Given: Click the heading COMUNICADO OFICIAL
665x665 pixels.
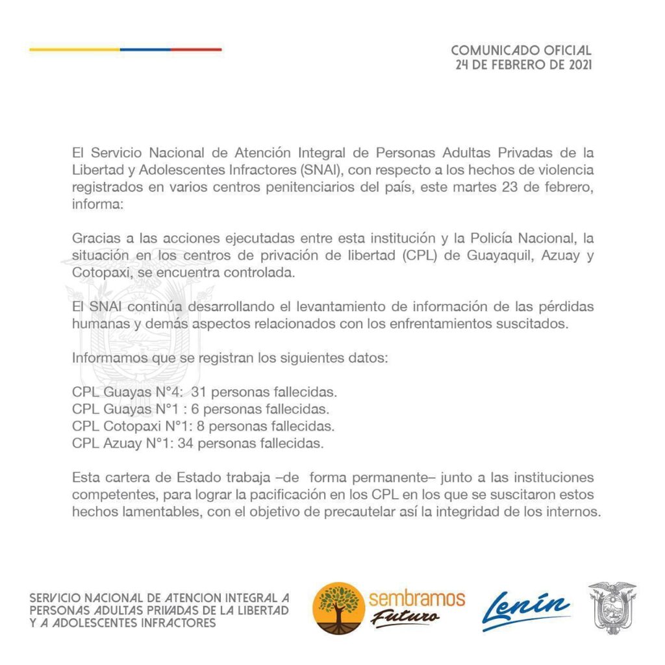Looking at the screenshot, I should pyautogui.click(x=521, y=50).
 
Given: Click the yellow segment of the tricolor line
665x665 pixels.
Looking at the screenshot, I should pyautogui.click(x=75, y=49).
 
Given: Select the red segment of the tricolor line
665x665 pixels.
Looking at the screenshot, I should pyautogui.click(x=196, y=49).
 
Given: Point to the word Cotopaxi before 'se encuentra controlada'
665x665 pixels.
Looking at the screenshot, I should pyautogui.click(x=97, y=273).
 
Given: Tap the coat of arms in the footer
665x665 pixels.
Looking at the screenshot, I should pyautogui.click(x=612, y=607).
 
